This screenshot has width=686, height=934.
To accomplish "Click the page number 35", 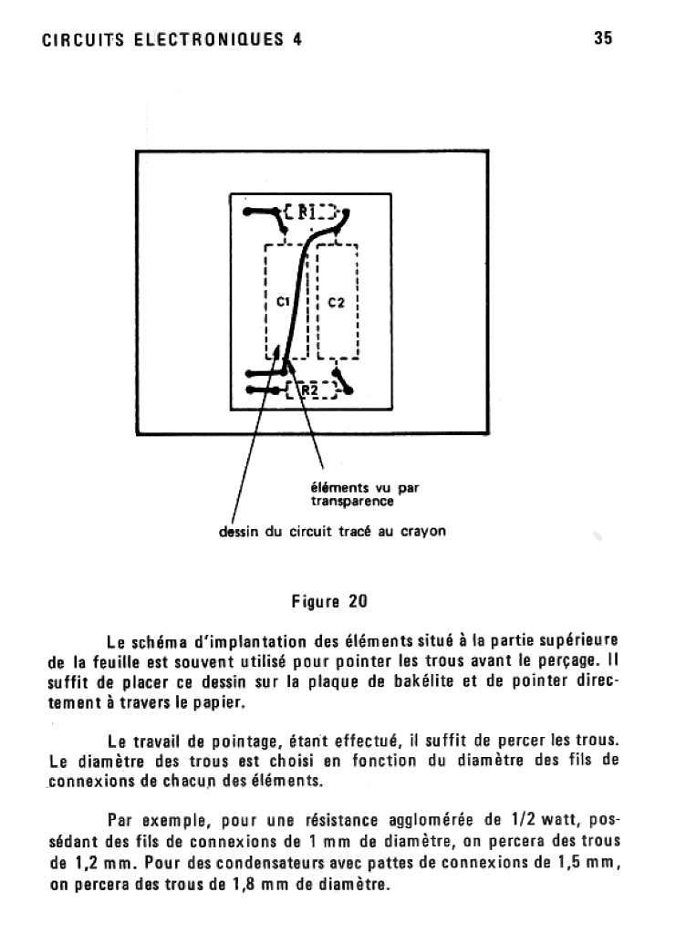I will point(603,38).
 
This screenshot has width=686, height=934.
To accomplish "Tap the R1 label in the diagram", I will point(307,213).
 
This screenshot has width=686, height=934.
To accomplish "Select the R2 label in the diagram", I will point(309,390).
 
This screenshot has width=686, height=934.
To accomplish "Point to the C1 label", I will point(282,301).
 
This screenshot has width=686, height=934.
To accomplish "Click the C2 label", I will point(336,302).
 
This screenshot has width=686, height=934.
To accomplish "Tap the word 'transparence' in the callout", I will point(347,501).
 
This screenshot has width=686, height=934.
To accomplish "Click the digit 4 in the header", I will point(297,39).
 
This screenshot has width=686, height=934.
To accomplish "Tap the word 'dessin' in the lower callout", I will point(238,531).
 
